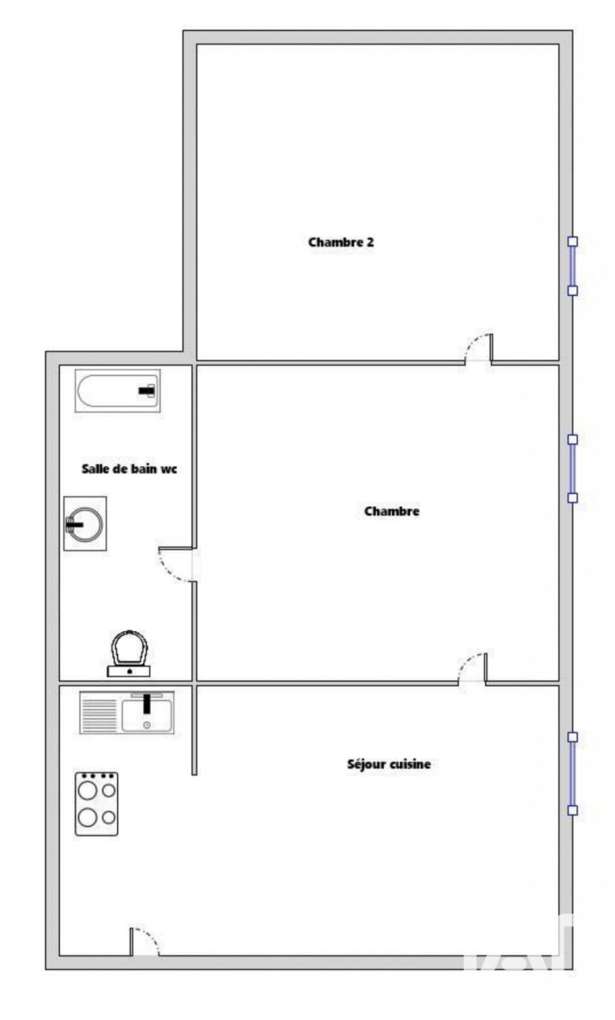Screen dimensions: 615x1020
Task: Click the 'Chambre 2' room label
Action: (x=341, y=242)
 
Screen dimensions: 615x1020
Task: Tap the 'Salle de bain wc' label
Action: (x=129, y=469)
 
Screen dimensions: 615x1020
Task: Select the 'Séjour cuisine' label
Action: (x=388, y=763)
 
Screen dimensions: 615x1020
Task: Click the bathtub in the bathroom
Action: (x=117, y=391)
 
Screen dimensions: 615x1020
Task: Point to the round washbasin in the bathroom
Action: (x=84, y=524)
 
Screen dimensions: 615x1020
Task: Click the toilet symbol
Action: (x=129, y=654)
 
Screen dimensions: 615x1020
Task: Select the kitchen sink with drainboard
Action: (x=127, y=713)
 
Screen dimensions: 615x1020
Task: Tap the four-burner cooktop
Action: (x=97, y=803)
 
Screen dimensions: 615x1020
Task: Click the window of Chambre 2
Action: (x=573, y=266)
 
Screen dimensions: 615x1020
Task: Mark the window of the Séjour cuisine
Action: (x=573, y=773)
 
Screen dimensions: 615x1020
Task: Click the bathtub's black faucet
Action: (x=147, y=391)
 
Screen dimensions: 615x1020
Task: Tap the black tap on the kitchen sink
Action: (x=147, y=703)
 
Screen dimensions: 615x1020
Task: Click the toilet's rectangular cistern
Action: (x=129, y=671)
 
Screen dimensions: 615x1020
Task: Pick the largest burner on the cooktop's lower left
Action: (x=87, y=818)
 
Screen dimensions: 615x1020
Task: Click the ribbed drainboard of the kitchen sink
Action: (x=99, y=713)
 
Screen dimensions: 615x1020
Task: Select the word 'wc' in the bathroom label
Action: (x=169, y=470)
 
